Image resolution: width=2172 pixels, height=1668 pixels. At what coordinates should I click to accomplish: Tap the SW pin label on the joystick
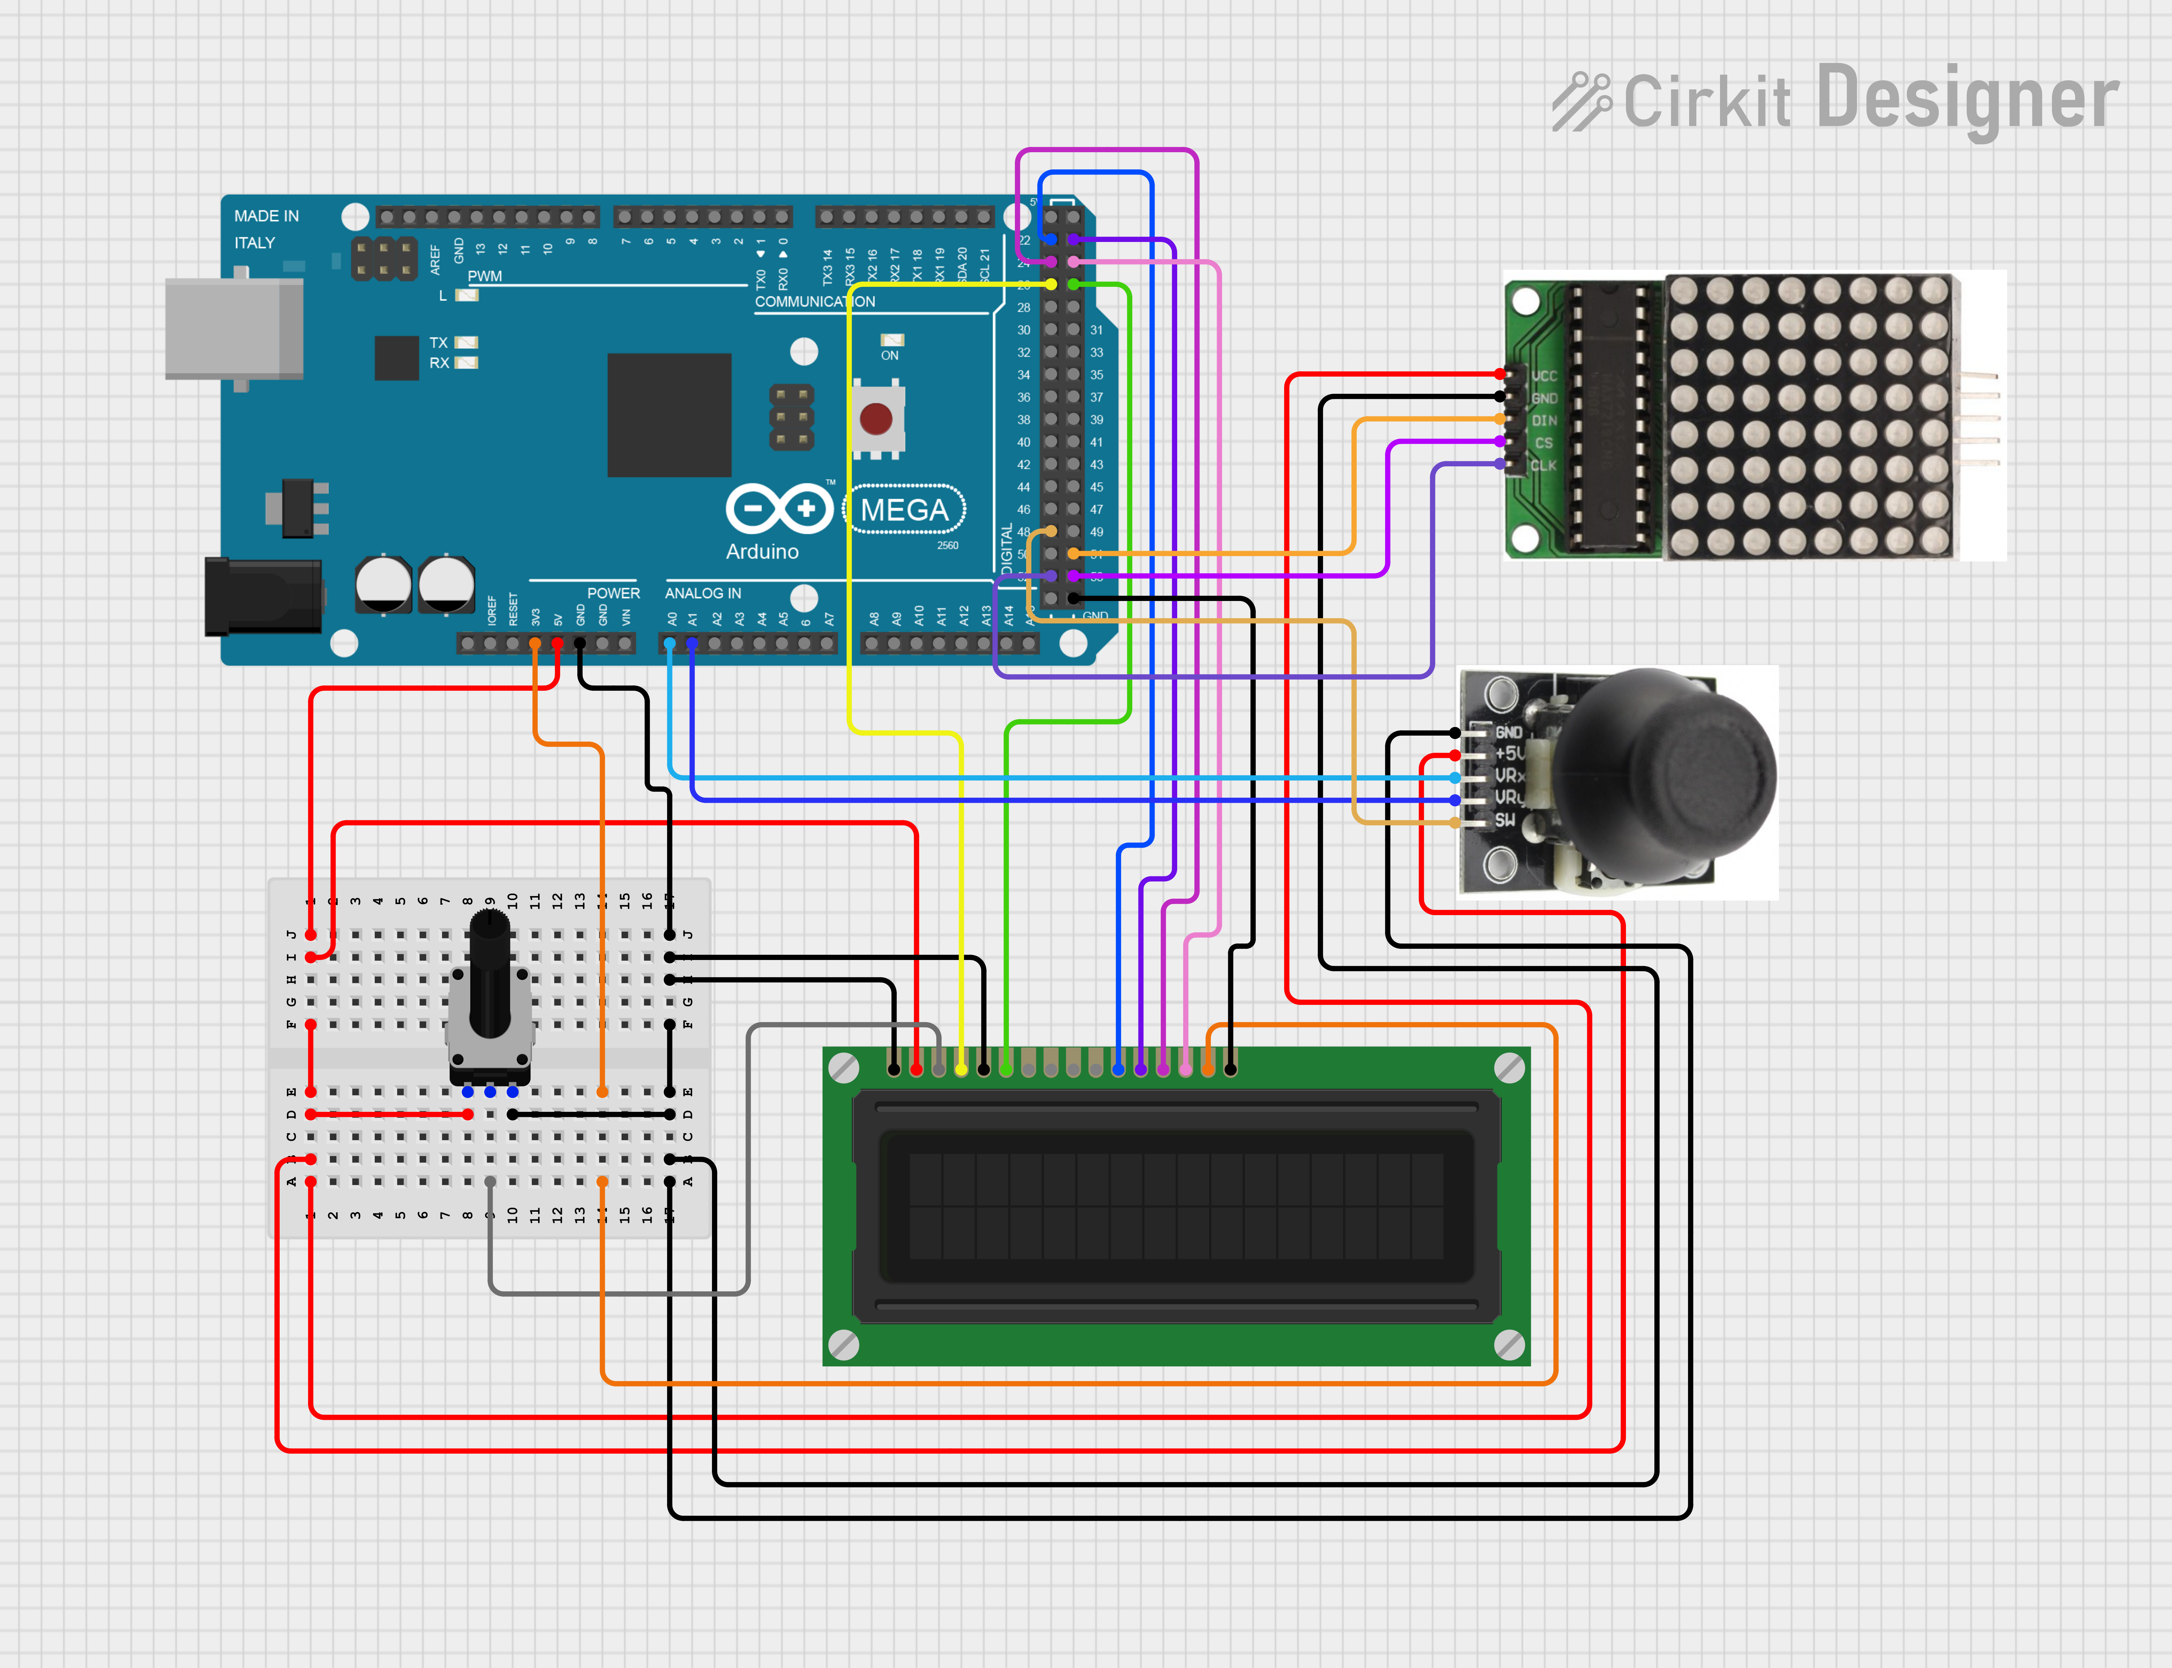click(1505, 820)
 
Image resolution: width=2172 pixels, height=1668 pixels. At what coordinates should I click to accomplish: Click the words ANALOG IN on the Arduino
click(703, 593)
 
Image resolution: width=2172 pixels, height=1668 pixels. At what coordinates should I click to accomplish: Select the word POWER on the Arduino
click(614, 593)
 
